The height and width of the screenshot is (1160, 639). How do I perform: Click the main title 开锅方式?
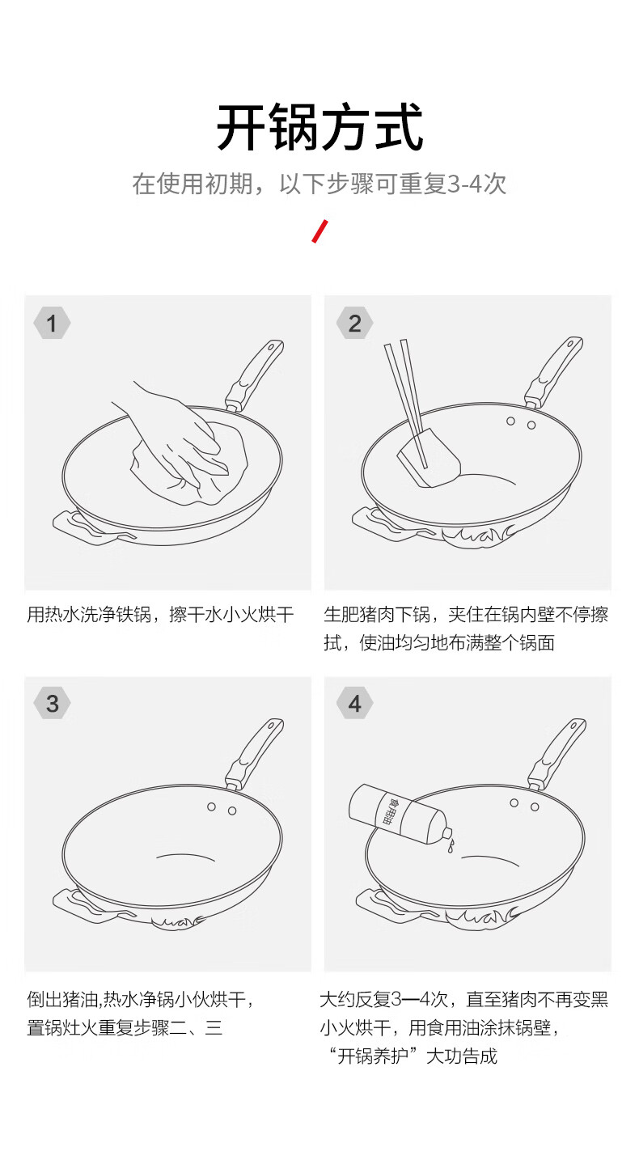click(319, 127)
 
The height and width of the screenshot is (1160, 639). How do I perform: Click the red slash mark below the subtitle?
click(320, 231)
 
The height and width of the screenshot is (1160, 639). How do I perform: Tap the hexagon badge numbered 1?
click(52, 323)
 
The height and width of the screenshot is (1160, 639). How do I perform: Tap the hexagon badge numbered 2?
click(355, 323)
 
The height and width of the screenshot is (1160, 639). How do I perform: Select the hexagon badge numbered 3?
click(52, 703)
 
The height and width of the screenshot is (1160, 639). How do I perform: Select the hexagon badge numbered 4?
click(355, 703)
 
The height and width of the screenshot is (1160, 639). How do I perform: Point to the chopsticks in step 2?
click(407, 403)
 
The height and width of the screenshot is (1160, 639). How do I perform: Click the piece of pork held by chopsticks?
click(429, 459)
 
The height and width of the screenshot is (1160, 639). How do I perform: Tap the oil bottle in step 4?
click(398, 814)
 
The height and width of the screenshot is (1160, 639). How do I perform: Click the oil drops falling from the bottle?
click(451, 846)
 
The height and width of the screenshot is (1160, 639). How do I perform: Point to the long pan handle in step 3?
click(255, 753)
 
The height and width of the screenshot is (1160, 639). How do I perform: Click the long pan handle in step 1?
click(255, 375)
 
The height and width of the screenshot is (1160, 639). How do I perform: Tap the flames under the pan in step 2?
click(480, 537)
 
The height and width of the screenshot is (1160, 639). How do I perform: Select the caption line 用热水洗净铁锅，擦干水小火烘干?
click(160, 615)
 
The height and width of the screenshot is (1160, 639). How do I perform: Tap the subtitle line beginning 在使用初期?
click(319, 184)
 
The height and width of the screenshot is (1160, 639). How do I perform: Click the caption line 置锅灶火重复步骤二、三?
click(125, 1027)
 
